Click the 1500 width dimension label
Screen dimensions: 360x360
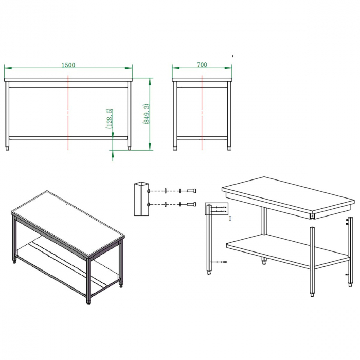tap(68, 65)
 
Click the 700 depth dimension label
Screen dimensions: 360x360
tap(202, 65)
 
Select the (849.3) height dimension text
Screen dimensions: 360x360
tap(147, 114)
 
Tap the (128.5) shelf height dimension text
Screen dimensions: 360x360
tap(109, 118)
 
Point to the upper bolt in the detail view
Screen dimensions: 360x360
tap(191, 191)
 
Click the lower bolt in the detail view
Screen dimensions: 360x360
tap(191, 204)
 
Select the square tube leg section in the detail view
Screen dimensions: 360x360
tap(141, 199)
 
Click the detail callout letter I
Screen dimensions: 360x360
tap(230, 219)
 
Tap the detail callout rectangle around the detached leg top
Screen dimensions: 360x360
tap(217, 203)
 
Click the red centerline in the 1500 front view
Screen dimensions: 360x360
tap(68, 113)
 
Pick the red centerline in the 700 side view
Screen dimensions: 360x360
tap(202, 113)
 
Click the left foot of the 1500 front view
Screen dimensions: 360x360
tap(8, 148)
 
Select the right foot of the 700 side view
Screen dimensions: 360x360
tap(229, 148)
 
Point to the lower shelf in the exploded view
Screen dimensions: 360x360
tap(288, 251)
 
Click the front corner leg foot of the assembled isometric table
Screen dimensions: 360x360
tap(88, 302)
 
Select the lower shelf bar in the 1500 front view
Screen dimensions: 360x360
tap(68, 138)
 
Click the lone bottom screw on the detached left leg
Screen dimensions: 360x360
tap(219, 262)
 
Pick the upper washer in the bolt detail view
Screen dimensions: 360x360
tap(165, 191)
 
